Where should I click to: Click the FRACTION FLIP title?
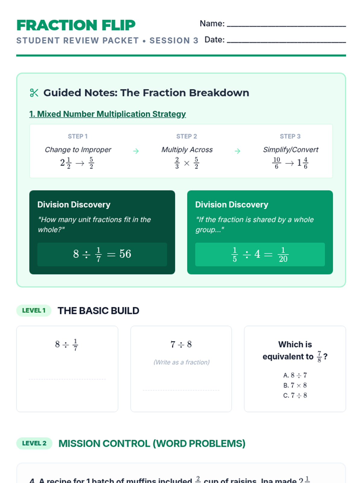pyautogui.click(x=76, y=25)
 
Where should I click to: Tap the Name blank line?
pyautogui.click(x=286, y=26)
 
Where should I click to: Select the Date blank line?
pyautogui.click(x=286, y=42)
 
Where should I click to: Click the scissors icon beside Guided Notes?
pyautogui.click(x=34, y=93)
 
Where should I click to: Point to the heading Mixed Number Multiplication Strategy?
pyautogui.click(x=107, y=114)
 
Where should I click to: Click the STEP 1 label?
pyautogui.click(x=78, y=136)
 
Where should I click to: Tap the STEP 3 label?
pyautogui.click(x=290, y=136)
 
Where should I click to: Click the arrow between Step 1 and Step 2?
pyautogui.click(x=136, y=151)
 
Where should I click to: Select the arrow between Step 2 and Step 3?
pyautogui.click(x=238, y=151)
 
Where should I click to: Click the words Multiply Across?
pyautogui.click(x=187, y=150)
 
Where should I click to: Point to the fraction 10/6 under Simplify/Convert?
pyautogui.click(x=276, y=163)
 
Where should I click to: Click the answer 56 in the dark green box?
pyautogui.click(x=125, y=254)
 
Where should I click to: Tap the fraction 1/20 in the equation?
pyautogui.click(x=283, y=254)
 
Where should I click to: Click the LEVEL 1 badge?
pyautogui.click(x=34, y=311)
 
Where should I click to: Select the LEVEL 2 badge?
pyautogui.click(x=34, y=443)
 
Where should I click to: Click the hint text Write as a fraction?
pyautogui.click(x=181, y=362)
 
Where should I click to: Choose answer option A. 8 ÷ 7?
pyautogui.click(x=295, y=375)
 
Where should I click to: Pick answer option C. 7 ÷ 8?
pyautogui.click(x=295, y=395)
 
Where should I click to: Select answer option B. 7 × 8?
pyautogui.click(x=295, y=385)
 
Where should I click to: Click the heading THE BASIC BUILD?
pyautogui.click(x=98, y=311)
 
